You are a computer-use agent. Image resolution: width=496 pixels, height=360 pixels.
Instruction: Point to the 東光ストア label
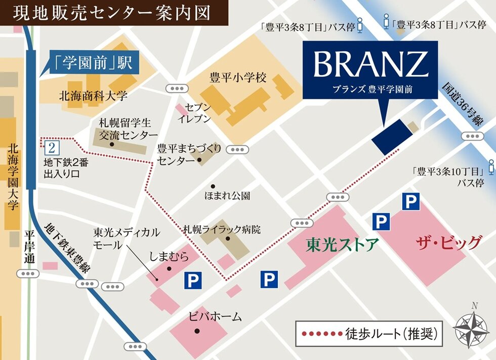(342, 245)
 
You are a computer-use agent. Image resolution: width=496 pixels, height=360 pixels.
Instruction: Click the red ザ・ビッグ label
(448, 244)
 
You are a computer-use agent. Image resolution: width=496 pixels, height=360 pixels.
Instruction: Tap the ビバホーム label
(215, 317)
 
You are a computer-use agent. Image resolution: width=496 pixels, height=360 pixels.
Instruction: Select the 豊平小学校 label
(237, 78)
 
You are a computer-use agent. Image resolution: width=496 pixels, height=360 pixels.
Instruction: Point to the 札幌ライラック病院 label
(222, 229)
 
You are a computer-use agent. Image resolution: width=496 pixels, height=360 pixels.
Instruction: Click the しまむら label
(169, 257)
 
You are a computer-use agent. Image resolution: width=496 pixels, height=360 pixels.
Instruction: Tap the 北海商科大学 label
(94, 96)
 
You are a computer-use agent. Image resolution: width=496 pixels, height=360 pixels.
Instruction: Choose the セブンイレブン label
(194, 114)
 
